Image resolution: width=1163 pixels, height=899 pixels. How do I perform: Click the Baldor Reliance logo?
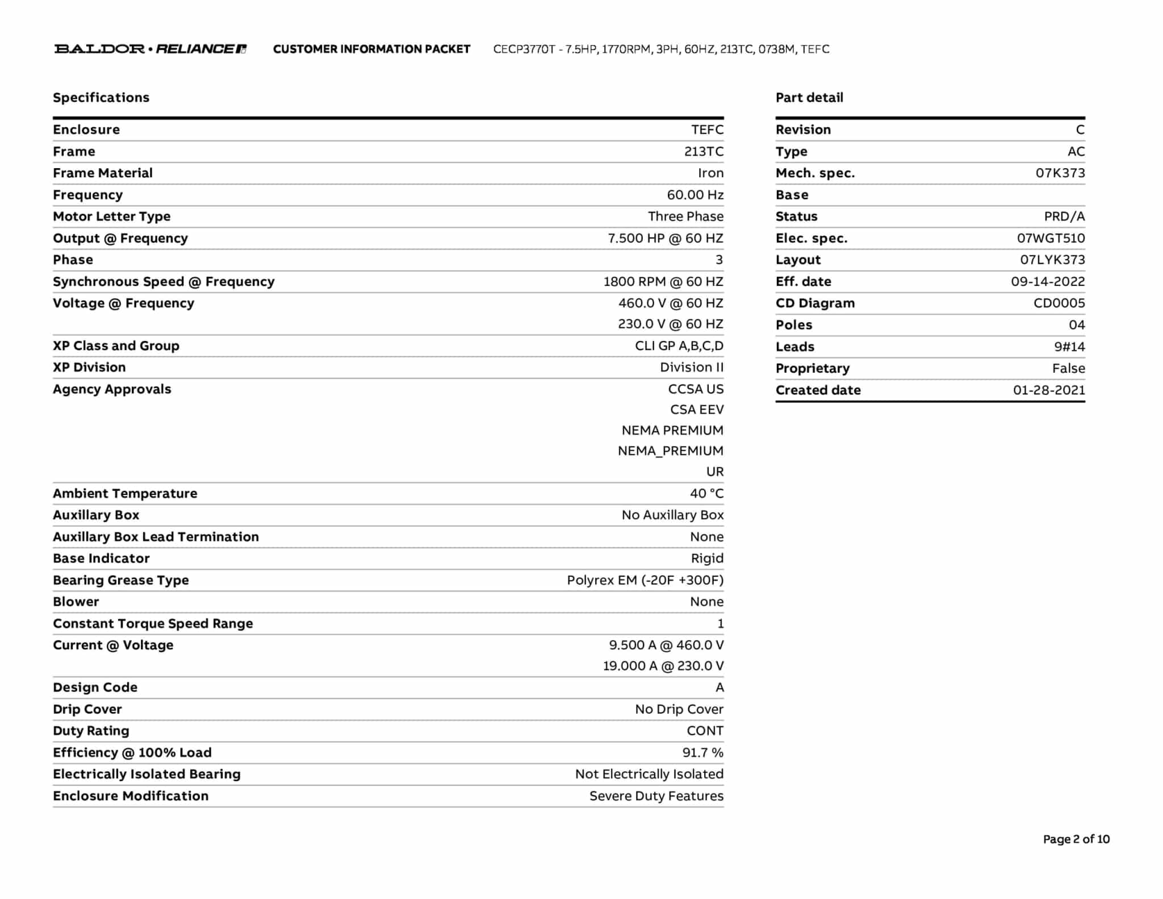click(x=150, y=49)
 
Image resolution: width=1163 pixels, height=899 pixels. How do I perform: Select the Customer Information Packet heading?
click(x=371, y=49)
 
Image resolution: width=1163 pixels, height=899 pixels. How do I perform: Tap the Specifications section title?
click(x=101, y=98)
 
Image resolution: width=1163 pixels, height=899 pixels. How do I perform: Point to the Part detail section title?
click(x=809, y=98)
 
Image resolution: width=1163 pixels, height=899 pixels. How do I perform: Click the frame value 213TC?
click(x=704, y=152)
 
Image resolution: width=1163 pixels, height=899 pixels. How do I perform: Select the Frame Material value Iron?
click(x=710, y=173)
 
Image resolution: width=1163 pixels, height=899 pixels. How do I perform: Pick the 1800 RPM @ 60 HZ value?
click(x=663, y=282)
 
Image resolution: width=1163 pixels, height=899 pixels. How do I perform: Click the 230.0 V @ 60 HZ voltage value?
click(x=670, y=324)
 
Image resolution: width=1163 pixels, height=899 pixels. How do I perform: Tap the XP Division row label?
click(x=89, y=368)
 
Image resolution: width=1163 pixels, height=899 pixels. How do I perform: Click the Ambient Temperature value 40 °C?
click(x=706, y=493)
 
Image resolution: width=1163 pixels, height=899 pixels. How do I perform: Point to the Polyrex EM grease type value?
click(x=645, y=580)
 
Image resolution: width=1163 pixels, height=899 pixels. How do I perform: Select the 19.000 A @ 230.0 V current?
click(x=663, y=666)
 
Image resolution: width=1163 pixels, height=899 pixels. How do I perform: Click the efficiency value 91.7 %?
click(x=702, y=753)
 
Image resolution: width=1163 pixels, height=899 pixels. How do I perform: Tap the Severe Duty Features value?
click(x=656, y=796)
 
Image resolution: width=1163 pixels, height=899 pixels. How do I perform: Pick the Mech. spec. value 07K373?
click(x=1060, y=173)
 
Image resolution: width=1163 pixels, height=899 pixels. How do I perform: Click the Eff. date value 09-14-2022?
click(x=1047, y=282)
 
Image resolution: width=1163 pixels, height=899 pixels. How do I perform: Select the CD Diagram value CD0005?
click(x=1059, y=303)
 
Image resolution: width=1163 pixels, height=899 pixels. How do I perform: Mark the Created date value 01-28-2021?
click(x=1048, y=390)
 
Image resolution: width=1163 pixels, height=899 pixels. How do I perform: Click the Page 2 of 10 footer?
click(x=1076, y=839)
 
